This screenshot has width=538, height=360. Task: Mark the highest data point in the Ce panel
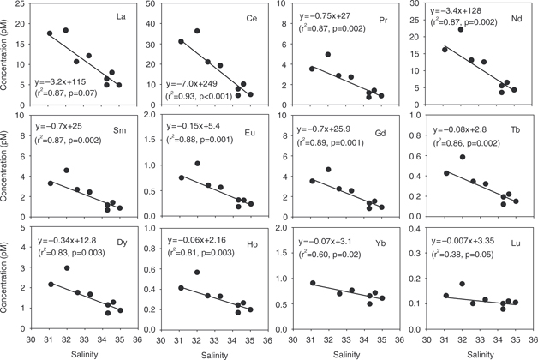pyautogui.click(x=197, y=31)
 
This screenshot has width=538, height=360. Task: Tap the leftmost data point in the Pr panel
pyautogui.click(x=312, y=69)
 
